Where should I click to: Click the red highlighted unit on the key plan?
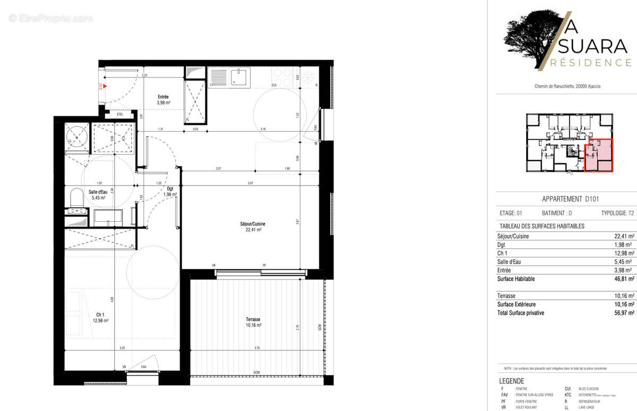(x=598, y=155)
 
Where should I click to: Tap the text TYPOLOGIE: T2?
(x=618, y=213)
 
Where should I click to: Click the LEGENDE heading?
(x=512, y=381)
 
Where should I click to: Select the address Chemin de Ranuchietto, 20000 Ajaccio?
(x=567, y=87)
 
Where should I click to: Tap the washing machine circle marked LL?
(x=78, y=138)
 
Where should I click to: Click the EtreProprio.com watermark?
(x=50, y=19)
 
